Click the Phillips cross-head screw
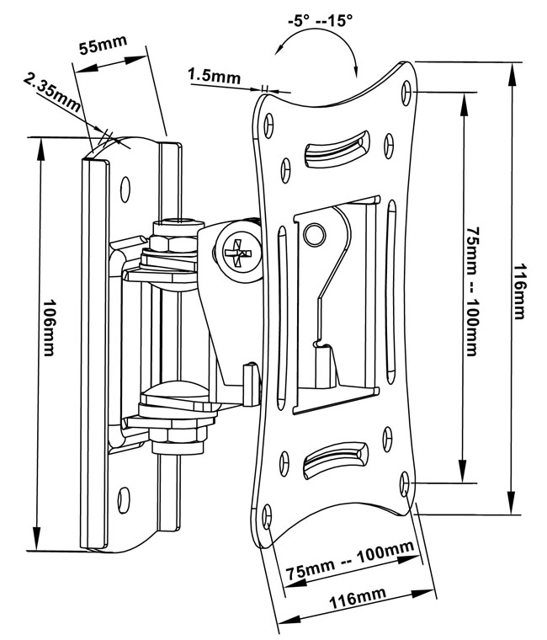tap(238, 252)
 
